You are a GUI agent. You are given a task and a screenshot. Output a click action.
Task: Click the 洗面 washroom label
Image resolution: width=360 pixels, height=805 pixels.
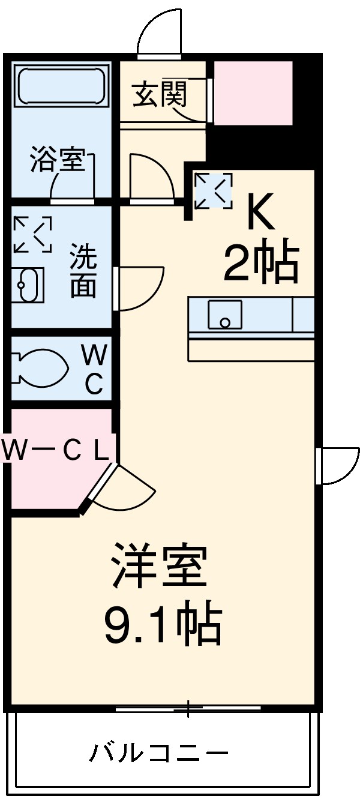point(83,271)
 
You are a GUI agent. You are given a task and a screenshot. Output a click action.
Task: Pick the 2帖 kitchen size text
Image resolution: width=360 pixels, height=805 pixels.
point(261,264)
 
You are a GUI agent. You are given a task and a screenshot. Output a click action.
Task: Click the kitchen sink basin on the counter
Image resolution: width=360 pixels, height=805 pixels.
point(225,315)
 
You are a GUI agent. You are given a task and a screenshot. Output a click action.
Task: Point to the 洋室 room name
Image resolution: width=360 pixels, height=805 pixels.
point(160,565)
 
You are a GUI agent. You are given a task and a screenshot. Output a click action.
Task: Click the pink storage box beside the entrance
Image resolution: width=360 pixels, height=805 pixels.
point(253,92)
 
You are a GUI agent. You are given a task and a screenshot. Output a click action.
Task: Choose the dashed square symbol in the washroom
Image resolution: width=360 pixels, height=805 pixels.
point(32,234)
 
